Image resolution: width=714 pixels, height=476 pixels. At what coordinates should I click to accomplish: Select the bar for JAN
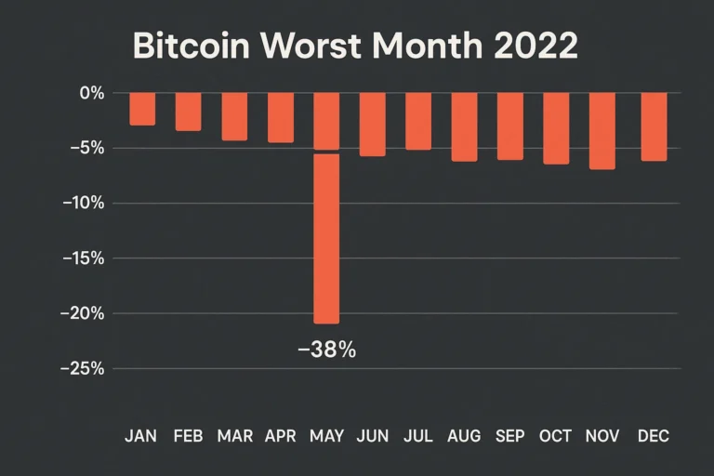142,109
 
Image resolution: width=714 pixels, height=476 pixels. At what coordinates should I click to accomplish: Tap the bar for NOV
602,130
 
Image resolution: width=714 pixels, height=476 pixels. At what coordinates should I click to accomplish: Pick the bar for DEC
654,126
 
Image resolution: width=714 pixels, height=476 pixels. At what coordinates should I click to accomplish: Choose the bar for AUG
464,126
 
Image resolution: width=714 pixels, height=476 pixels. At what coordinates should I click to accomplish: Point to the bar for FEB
189,112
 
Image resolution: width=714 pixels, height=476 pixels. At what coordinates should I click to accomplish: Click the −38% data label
326,350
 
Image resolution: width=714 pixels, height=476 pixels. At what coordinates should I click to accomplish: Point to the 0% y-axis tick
91,93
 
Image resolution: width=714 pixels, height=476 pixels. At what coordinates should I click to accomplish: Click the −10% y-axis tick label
86,204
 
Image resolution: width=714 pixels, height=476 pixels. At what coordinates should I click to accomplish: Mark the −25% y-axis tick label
86,368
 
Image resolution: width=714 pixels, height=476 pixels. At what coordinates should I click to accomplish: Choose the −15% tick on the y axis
86,258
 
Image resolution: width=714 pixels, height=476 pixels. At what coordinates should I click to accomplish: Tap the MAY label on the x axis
326,436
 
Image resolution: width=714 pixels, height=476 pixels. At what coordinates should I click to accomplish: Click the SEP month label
510,436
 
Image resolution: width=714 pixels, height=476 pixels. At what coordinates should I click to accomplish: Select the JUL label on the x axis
418,436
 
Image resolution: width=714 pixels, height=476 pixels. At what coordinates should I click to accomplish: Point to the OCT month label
556,436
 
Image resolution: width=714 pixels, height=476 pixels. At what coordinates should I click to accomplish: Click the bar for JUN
373,124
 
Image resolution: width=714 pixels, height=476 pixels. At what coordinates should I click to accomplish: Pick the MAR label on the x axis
234,436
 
